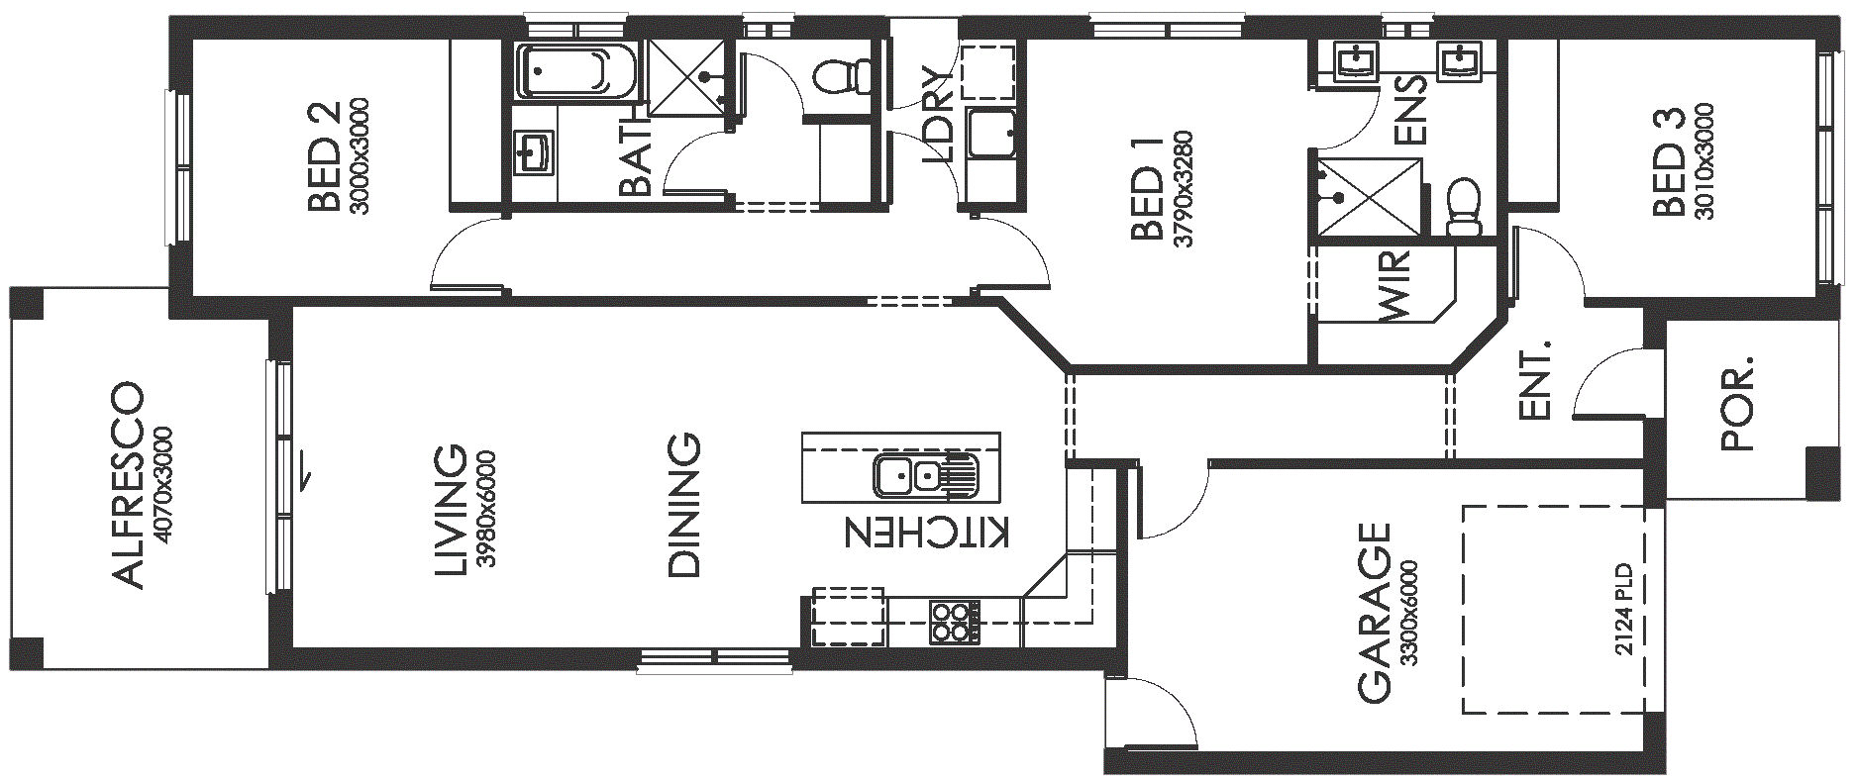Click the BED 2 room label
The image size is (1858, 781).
[x=325, y=156]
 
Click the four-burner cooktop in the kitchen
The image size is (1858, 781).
[x=954, y=622]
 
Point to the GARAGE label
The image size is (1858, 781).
[x=1375, y=613]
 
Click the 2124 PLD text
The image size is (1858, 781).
[x=1623, y=609]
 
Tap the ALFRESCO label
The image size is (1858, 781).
[x=128, y=485]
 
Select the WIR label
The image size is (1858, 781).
[x=1393, y=286]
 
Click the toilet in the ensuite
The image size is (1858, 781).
[x=1463, y=207]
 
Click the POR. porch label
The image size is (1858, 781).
[x=1737, y=404]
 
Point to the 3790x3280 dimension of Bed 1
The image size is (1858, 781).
[x=1183, y=189]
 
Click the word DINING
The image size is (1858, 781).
[x=683, y=505]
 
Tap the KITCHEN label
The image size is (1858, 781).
[x=927, y=532]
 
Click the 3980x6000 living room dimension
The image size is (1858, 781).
[x=485, y=509]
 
